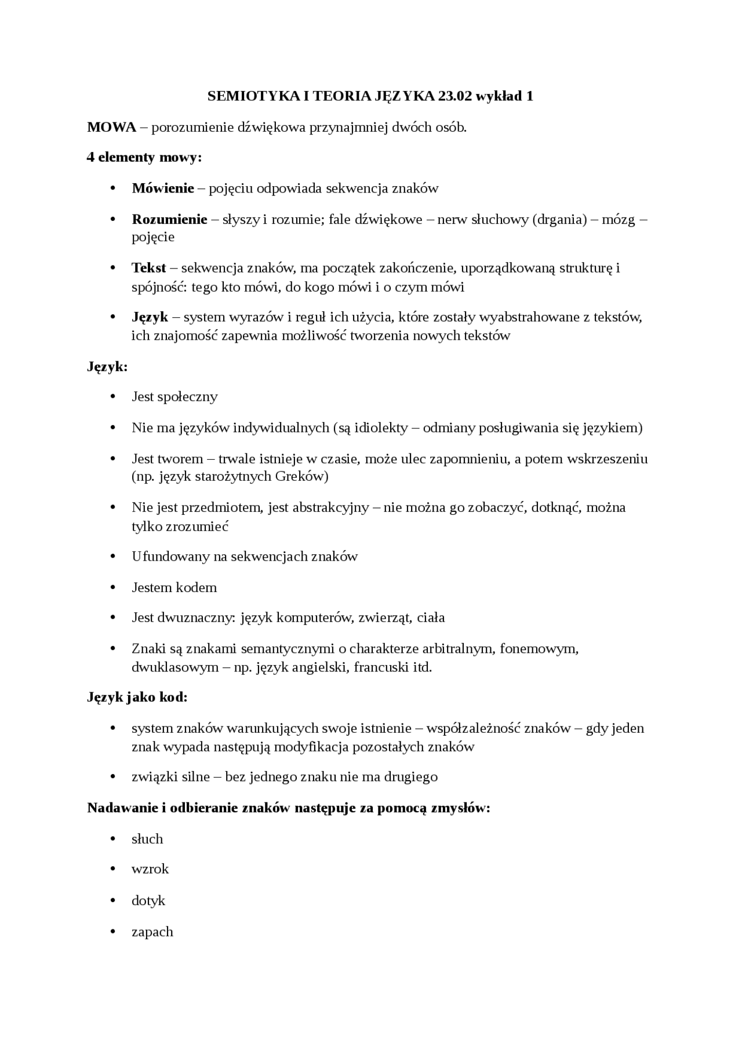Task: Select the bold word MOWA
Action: coord(111,127)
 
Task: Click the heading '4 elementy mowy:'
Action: coord(144,157)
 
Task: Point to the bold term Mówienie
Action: coord(163,188)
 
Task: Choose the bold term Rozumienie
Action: coord(169,219)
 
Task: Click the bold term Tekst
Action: coord(149,268)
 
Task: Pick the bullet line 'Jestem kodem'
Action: coord(174,587)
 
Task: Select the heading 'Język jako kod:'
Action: coord(137,697)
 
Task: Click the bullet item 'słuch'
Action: coord(147,839)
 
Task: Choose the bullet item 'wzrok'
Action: coord(150,869)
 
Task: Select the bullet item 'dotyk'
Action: coord(148,900)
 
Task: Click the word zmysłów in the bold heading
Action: coord(460,808)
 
